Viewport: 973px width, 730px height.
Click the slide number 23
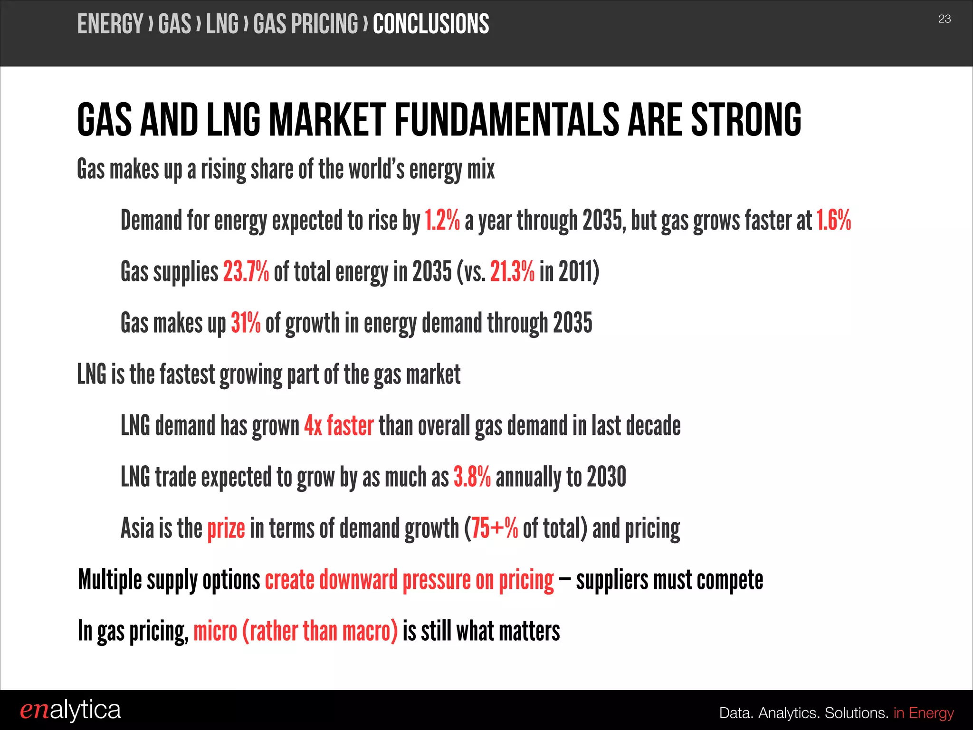(944, 19)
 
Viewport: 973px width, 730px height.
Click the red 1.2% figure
(442, 221)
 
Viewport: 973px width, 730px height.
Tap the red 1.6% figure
(833, 221)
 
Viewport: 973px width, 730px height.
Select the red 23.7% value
(246, 272)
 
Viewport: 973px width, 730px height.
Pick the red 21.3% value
(512, 272)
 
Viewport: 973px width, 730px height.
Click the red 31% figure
(246, 323)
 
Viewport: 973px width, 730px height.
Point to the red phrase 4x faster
(339, 425)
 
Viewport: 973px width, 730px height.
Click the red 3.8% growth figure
(472, 477)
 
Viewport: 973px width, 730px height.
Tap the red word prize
(226, 528)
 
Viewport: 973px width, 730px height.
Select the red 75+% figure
(494, 528)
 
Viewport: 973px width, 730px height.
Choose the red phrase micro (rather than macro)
(296, 632)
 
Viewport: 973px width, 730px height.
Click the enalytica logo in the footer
(70, 711)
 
